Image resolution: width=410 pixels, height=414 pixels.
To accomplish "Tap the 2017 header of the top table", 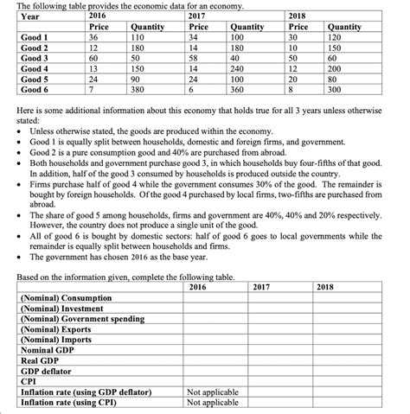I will tap(195, 16).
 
